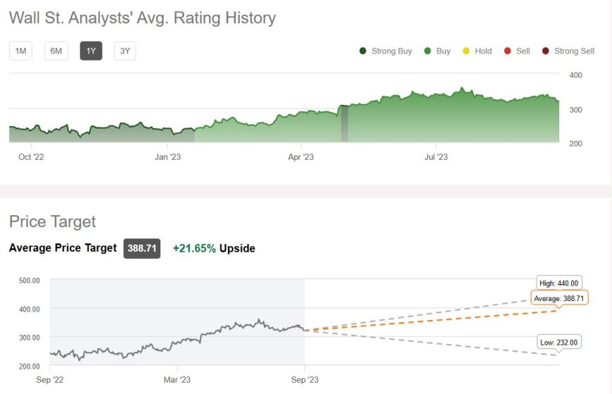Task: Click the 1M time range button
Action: pyautogui.click(x=20, y=51)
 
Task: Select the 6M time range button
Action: pyautogui.click(x=56, y=51)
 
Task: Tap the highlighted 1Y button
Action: pyautogui.click(x=91, y=51)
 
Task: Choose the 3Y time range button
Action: pyautogui.click(x=125, y=51)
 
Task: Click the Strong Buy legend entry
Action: pyautogui.click(x=385, y=51)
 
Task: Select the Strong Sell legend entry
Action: pyautogui.click(x=568, y=51)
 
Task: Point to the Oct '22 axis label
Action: pyautogui.click(x=31, y=157)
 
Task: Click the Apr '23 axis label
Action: pyautogui.click(x=300, y=157)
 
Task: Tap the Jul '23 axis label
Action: pyautogui.click(x=436, y=157)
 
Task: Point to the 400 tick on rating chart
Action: pyautogui.click(x=575, y=75)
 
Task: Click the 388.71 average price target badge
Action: pyautogui.click(x=142, y=248)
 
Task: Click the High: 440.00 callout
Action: pyautogui.click(x=559, y=283)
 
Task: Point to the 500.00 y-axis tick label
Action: pyautogui.click(x=28, y=281)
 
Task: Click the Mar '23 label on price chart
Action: pyautogui.click(x=177, y=380)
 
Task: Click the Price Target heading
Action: pyautogui.click(x=52, y=222)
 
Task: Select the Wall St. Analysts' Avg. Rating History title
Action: pyautogui.click(x=142, y=18)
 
